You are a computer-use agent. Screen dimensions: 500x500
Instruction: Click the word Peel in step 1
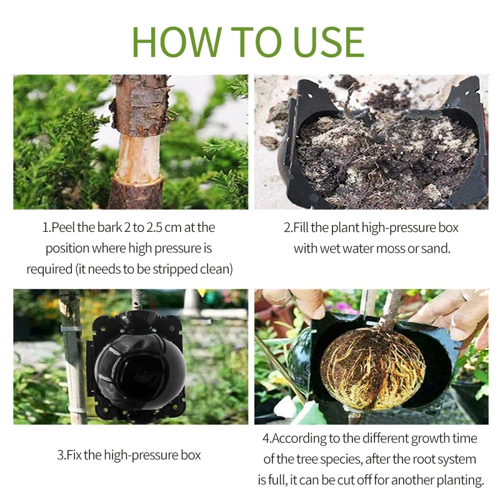64,227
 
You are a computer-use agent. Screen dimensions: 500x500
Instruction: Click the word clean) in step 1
215,269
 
